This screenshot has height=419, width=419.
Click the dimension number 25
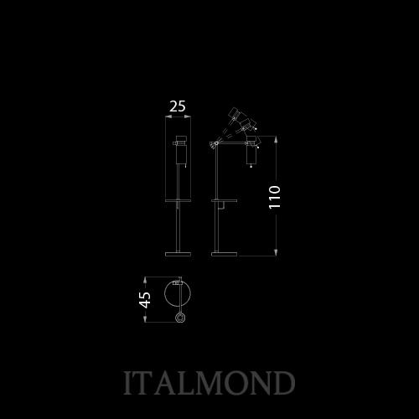[x=178, y=106]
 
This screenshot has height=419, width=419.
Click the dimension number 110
[x=275, y=197]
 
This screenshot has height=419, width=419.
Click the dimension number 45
[x=145, y=299]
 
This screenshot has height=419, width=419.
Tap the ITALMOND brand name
[x=209, y=382]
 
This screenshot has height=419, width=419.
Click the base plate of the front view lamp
[x=178, y=254]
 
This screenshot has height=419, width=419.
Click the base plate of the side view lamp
[x=225, y=254]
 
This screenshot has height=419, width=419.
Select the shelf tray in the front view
[x=178, y=200]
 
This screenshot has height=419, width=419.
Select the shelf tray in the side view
[x=225, y=200]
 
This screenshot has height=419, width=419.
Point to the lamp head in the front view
[x=181, y=150]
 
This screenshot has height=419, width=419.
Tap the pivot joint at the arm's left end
[x=215, y=144]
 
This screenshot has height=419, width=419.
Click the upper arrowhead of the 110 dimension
[x=276, y=139]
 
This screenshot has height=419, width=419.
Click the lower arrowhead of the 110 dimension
[x=276, y=252]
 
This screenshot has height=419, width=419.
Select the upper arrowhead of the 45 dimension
[x=145, y=280]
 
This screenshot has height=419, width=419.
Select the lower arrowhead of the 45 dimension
[x=145, y=318]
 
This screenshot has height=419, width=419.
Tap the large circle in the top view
[x=164, y=293]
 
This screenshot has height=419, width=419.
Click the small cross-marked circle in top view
[x=180, y=318]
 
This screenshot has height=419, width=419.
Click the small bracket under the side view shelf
[x=221, y=205]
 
